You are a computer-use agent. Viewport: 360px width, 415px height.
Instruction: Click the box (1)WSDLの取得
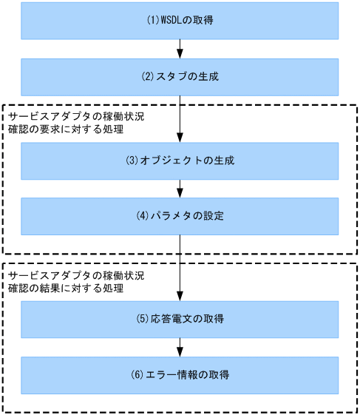(180, 21)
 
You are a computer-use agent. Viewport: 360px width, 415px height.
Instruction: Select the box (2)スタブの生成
(180, 76)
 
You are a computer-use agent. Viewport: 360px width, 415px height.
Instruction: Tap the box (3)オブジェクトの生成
(180, 161)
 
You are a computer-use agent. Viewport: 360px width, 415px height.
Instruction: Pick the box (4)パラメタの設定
(180, 216)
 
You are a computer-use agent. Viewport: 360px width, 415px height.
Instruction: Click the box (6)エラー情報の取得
(180, 374)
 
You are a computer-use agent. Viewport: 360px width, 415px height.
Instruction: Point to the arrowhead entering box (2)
(180, 53)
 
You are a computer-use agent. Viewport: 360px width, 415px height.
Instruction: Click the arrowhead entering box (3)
(180, 138)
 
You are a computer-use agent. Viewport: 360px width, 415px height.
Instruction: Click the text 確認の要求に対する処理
(65, 130)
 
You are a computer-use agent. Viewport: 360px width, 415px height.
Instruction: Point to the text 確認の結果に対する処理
(65, 289)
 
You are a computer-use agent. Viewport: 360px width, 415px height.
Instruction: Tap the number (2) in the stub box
(147, 76)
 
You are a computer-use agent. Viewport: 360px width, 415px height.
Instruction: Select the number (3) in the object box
(132, 161)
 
